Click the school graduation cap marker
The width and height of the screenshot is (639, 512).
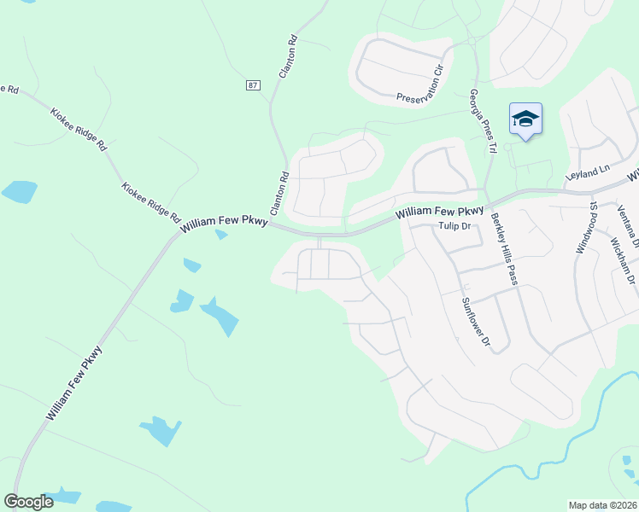(525, 120)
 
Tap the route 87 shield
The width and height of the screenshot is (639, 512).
(252, 85)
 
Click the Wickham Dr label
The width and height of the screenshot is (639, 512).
(623, 256)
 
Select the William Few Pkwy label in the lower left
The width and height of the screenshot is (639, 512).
(75, 382)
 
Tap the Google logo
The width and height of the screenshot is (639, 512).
(28, 502)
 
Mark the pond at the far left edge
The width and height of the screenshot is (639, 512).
(19, 191)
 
